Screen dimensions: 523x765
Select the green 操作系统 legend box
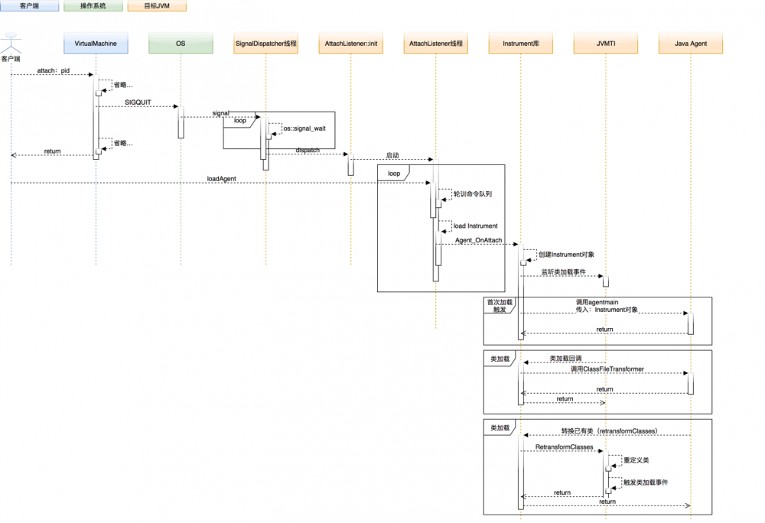pyautogui.click(x=93, y=6)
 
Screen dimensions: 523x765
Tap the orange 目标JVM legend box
pyautogui.click(x=156, y=6)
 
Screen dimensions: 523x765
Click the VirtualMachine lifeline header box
pyautogui.click(x=96, y=44)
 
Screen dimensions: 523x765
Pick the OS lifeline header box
pyautogui.click(x=181, y=44)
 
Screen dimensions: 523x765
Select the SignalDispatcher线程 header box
pyautogui.click(x=265, y=44)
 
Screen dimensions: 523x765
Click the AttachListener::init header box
pyautogui.click(x=350, y=44)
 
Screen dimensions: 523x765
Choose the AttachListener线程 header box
pyautogui.click(x=435, y=44)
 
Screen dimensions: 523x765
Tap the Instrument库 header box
pyautogui.click(x=520, y=44)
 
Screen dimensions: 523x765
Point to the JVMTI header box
pyautogui.click(x=605, y=44)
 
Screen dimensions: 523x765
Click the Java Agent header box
pyautogui.click(x=690, y=44)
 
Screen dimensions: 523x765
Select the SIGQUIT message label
pyautogui.click(x=137, y=102)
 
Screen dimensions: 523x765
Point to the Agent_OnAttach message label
pyautogui.click(x=478, y=240)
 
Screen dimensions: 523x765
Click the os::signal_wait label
pyautogui.click(x=304, y=128)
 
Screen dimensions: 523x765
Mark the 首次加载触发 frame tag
pyautogui.click(x=500, y=306)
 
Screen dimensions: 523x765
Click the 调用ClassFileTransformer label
pyautogui.click(x=607, y=369)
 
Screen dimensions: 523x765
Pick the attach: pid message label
pyautogui.click(x=53, y=70)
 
